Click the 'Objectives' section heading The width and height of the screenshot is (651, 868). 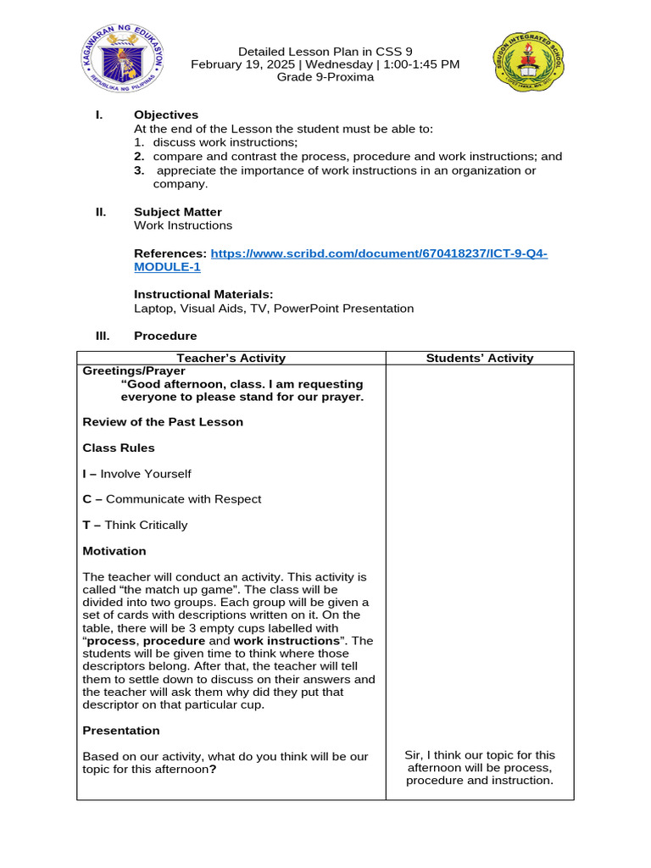click(x=166, y=115)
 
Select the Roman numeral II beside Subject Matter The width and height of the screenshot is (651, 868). click(x=101, y=212)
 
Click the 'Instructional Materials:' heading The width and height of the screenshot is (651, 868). click(x=203, y=294)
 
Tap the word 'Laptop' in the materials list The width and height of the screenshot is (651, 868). click(x=153, y=309)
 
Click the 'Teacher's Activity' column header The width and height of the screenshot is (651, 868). click(x=231, y=359)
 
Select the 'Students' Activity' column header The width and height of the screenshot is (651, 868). click(x=480, y=359)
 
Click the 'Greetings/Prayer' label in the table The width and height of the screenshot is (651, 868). click(x=134, y=371)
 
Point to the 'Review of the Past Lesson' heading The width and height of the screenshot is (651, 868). click(x=163, y=422)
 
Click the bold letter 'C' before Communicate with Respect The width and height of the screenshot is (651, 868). click(x=86, y=499)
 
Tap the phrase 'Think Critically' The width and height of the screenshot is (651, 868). click(x=146, y=526)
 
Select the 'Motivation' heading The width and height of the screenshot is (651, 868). click(x=114, y=551)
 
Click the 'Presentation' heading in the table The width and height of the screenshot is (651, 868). click(x=121, y=731)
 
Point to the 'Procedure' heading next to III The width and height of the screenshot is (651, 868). click(x=165, y=337)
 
